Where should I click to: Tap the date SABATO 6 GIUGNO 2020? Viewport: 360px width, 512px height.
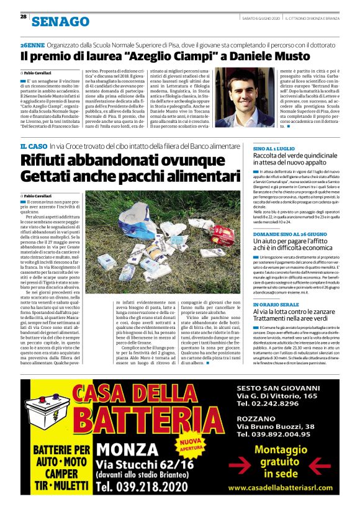[263, 17]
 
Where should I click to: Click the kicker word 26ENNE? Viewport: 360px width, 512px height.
[32, 47]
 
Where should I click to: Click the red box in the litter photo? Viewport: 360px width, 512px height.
[222, 235]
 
